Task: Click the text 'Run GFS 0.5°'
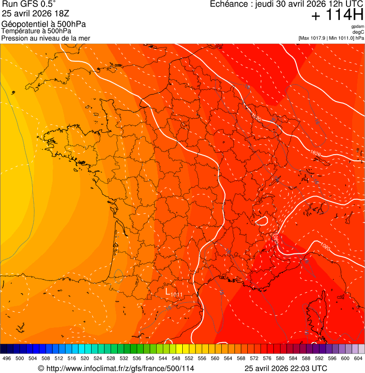22,4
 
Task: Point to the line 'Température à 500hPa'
36,31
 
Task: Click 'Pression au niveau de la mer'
46,38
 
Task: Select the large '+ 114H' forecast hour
337,15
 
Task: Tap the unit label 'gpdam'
357,27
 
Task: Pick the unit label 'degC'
359,32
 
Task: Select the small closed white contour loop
261,221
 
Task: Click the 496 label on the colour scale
7,358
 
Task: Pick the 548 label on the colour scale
176,358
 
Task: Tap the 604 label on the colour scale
358,358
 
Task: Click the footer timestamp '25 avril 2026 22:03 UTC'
286,368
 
